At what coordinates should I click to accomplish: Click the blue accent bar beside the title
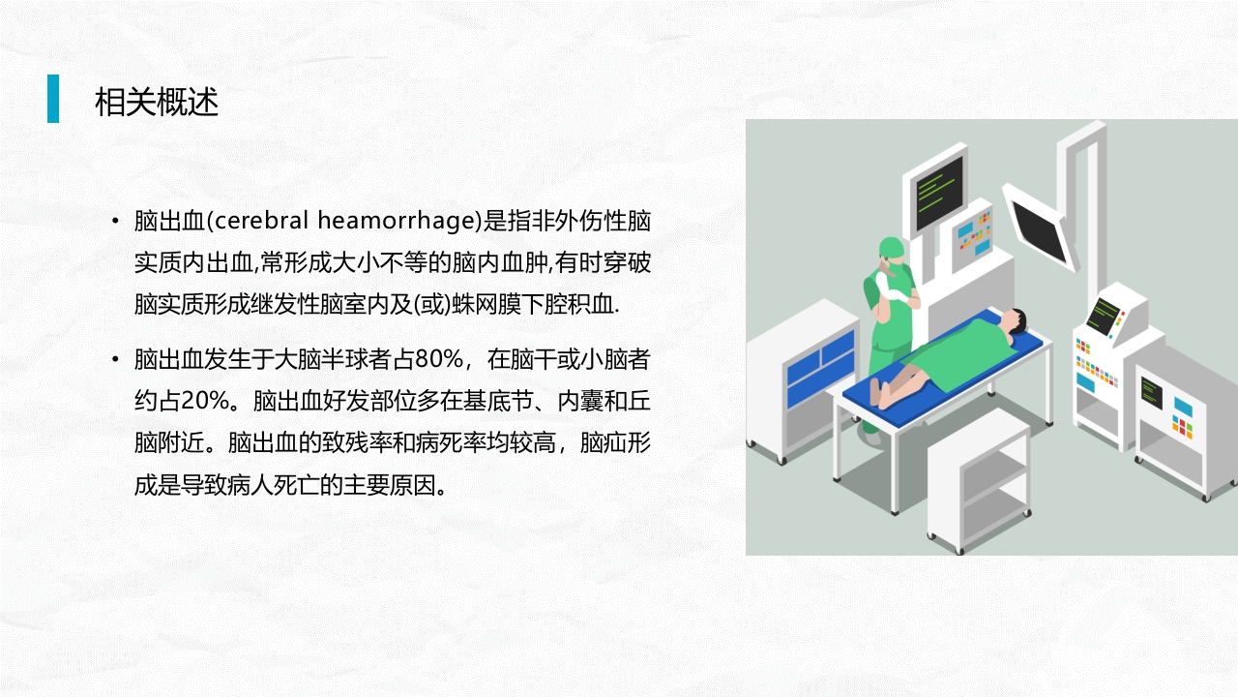pos(53,99)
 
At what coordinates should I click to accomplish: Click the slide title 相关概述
pos(157,101)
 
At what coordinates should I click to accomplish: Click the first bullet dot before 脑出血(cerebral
pos(116,222)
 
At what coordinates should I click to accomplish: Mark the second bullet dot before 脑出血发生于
pos(116,361)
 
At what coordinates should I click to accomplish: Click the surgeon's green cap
pos(892,248)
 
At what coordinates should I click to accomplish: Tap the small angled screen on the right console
pos(1103,314)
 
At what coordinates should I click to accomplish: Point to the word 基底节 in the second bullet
pos(486,402)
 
